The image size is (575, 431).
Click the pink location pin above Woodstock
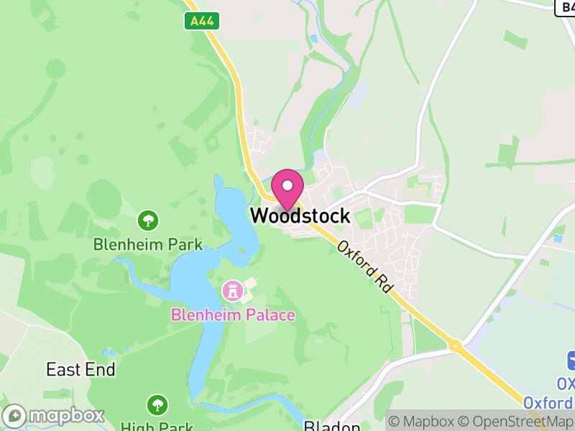tap(287, 187)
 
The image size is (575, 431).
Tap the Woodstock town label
tap(300, 215)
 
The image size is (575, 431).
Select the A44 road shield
tap(201, 22)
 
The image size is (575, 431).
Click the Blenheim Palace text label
tap(233, 315)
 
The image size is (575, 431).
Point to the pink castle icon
tap(233, 291)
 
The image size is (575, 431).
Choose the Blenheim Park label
tap(148, 244)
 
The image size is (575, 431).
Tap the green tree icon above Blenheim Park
tap(149, 219)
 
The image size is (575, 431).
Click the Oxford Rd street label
tap(366, 266)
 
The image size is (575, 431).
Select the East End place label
tap(80, 369)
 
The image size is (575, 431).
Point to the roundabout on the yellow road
tap(455, 346)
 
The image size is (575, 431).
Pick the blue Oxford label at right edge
tap(549, 402)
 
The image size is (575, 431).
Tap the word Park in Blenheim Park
tap(185, 244)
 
